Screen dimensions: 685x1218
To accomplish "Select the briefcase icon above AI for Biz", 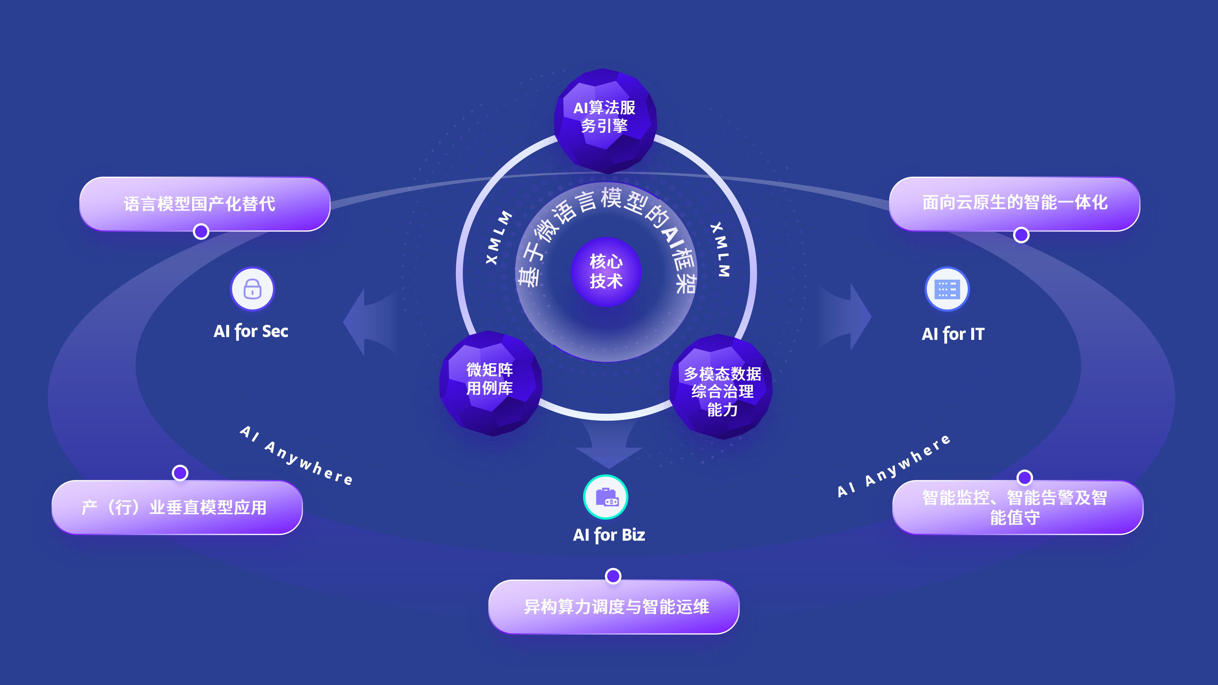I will (x=606, y=497).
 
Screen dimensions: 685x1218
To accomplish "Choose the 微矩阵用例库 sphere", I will (x=490, y=382).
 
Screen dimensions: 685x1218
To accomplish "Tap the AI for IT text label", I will (x=953, y=334).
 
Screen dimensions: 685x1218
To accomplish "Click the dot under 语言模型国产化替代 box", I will (x=201, y=232).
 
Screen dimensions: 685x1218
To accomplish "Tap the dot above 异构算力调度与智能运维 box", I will (x=613, y=576).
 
